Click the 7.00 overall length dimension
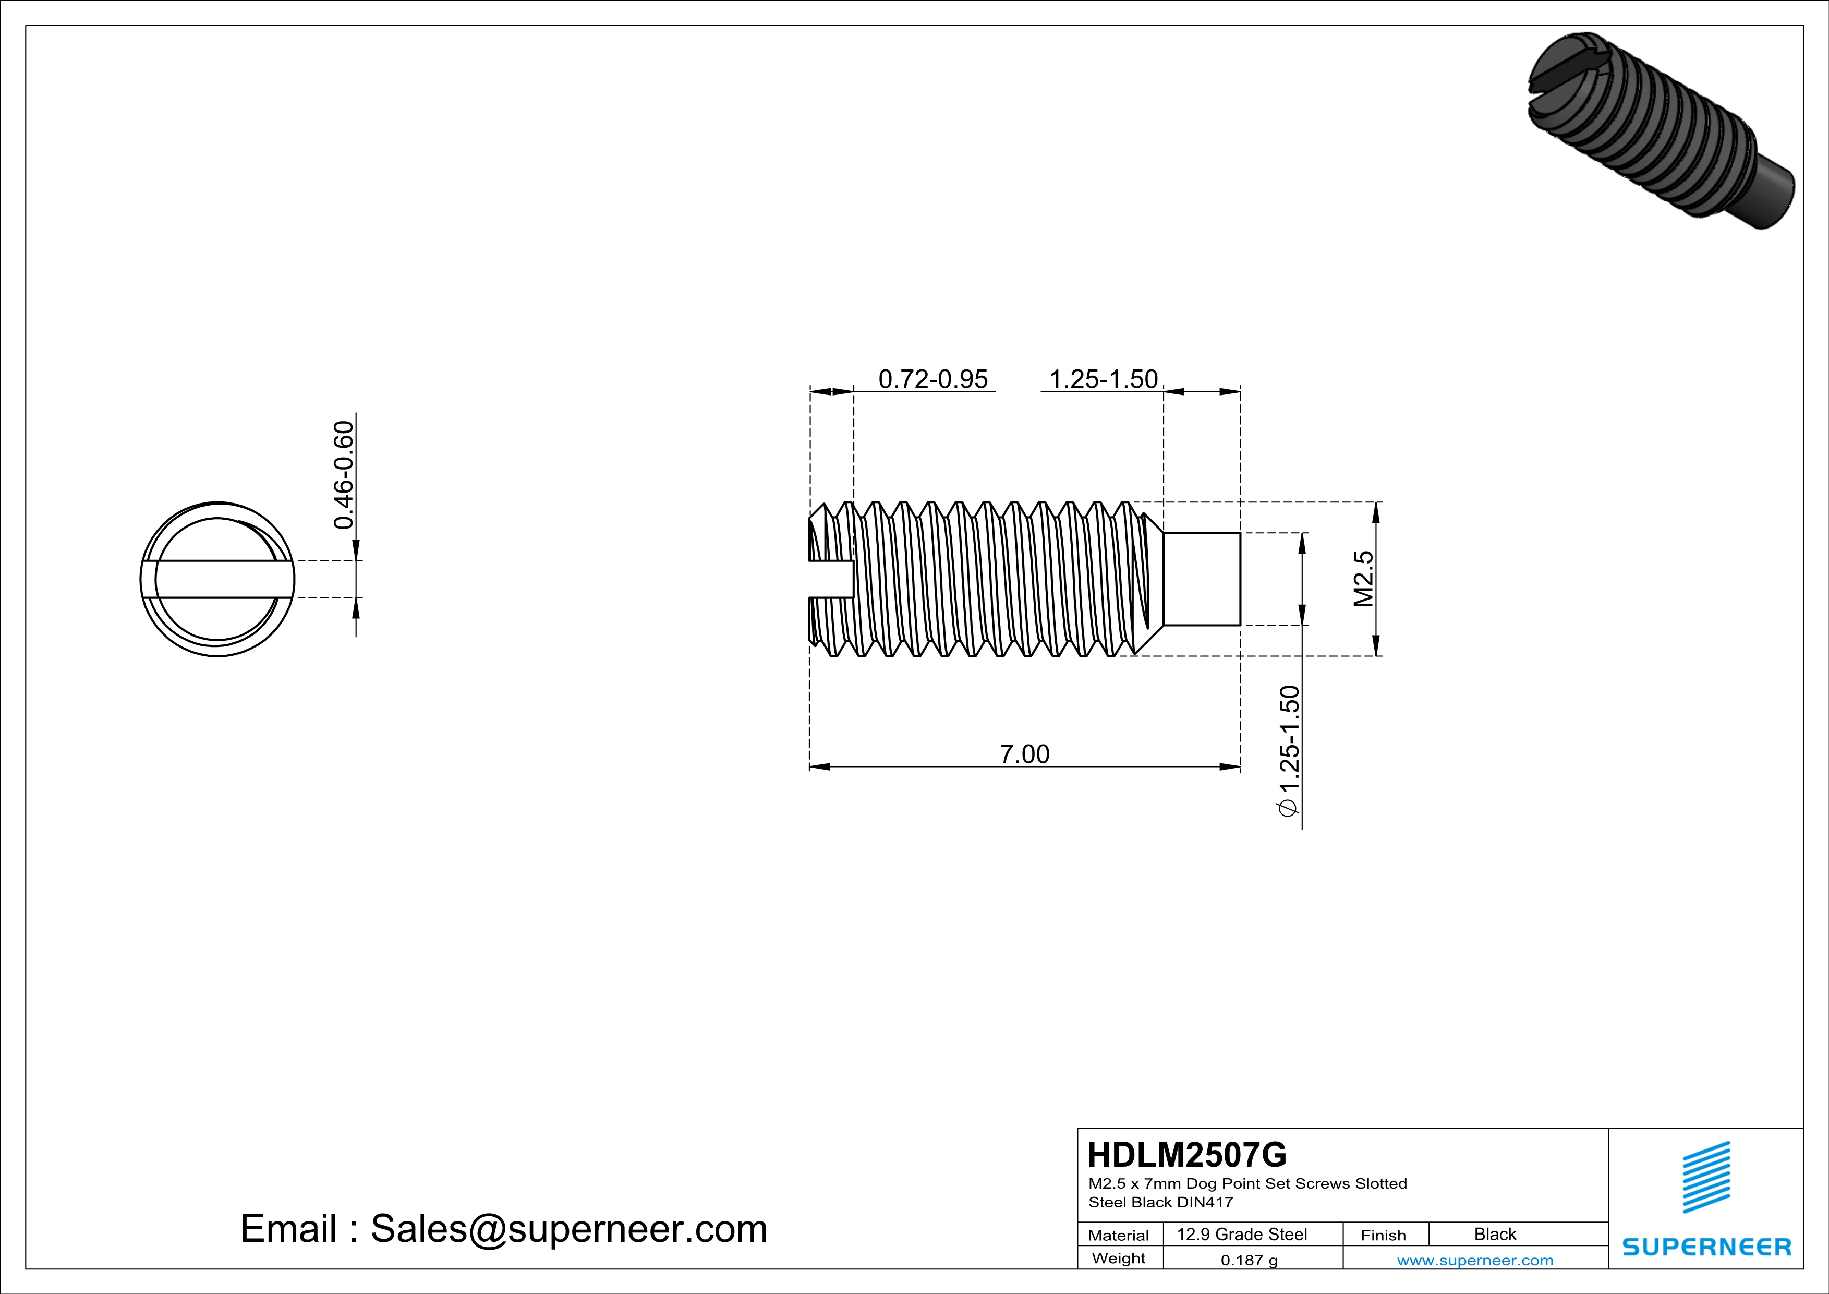tap(1024, 754)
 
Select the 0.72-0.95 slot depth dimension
tap(933, 379)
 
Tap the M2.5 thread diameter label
tap(1364, 579)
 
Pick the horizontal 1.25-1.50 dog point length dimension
tap(1104, 379)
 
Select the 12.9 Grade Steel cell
tap(1242, 1234)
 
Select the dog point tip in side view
tap(1201, 579)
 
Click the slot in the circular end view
tap(217, 579)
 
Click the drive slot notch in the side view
tap(831, 579)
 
